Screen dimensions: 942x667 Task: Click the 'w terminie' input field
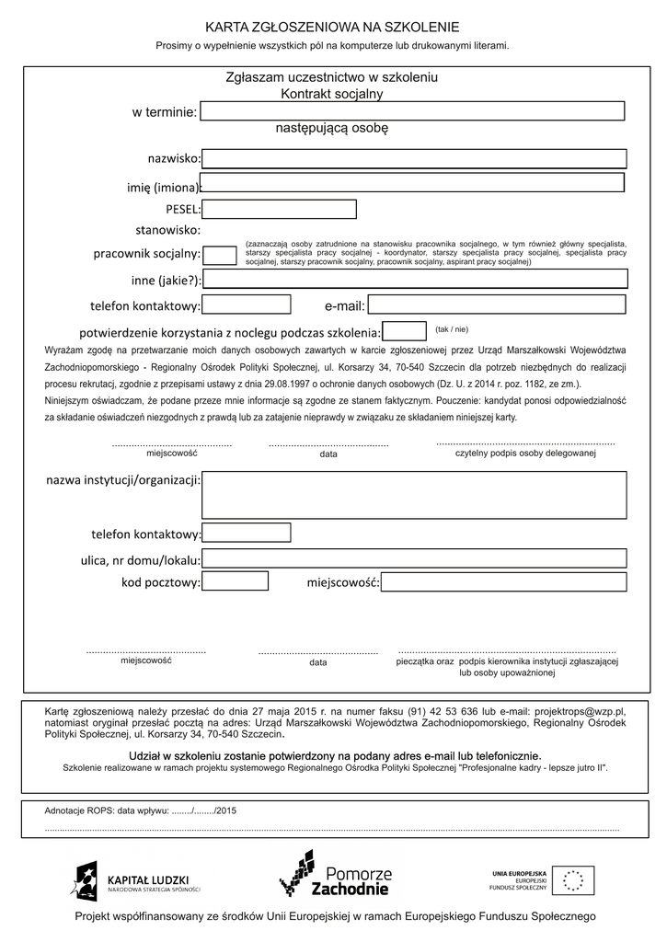412,111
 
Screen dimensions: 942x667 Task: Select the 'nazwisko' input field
414,159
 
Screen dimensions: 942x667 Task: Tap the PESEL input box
279,209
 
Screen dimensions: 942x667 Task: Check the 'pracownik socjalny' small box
219,255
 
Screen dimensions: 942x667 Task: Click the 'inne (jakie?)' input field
415,280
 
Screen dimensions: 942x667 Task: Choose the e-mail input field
497,304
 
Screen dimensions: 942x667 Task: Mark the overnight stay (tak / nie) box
404,331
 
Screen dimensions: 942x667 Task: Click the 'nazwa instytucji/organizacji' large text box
414,495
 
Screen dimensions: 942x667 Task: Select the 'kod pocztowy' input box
235,581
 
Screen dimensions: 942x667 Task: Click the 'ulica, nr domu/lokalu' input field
414,558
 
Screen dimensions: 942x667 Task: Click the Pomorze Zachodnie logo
335,875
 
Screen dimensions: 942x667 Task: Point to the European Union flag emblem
573,880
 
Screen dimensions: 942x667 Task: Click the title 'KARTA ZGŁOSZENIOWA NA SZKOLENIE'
332,28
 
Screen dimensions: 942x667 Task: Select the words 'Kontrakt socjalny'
332,94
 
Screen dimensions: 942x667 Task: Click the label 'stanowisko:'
167,230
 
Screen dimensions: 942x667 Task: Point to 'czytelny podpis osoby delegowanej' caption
525,454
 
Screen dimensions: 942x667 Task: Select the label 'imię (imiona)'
162,188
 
